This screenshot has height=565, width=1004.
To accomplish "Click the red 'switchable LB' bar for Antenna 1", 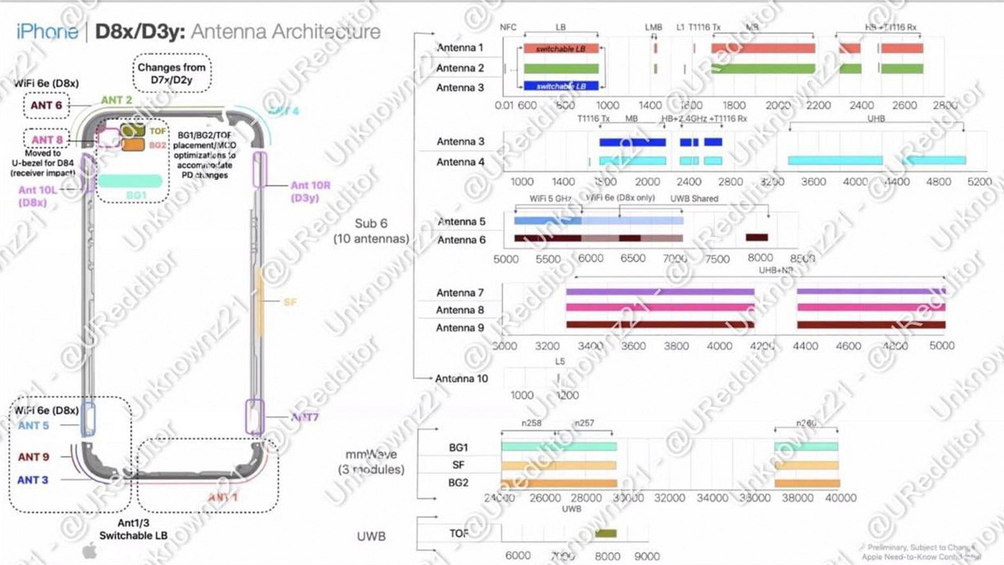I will tap(561, 49).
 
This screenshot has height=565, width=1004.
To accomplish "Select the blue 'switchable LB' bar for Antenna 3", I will tap(561, 86).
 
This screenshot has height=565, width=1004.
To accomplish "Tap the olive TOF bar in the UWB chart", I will tap(605, 533).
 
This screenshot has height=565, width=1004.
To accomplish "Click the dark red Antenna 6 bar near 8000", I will tap(756, 237).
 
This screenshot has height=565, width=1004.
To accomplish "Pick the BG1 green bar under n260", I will tap(806, 447).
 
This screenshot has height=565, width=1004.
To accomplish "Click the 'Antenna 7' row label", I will tap(460, 293).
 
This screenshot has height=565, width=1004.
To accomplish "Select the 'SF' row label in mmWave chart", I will tap(458, 465).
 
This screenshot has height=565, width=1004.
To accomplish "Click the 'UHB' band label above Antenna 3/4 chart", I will tap(876, 119).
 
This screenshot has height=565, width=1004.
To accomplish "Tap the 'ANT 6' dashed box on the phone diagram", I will tap(46, 106).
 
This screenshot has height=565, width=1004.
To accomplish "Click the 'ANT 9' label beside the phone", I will tap(33, 457).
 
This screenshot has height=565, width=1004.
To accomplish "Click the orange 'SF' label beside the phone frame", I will tap(290, 302).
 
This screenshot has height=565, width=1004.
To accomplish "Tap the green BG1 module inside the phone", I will tap(130, 181).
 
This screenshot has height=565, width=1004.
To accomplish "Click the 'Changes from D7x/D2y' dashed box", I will tap(171, 73).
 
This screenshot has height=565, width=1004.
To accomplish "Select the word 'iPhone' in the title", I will tap(47, 32).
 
